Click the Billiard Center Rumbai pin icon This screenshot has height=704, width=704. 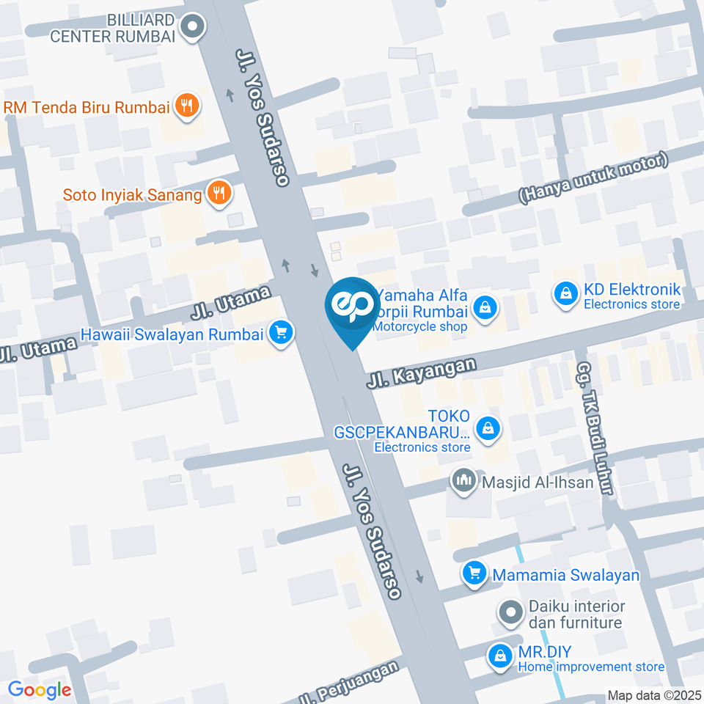pyautogui.click(x=194, y=28)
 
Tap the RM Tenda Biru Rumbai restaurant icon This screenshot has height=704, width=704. pyautogui.click(x=187, y=106)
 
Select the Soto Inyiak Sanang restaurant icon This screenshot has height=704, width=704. pyautogui.click(x=219, y=194)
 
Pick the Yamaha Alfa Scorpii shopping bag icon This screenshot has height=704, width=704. pyautogui.click(x=485, y=309)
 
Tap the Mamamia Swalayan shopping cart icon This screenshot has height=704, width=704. pyautogui.click(x=474, y=574)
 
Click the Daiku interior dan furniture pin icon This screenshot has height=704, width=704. pyautogui.click(x=507, y=610)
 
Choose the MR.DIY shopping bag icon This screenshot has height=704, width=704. pyautogui.click(x=500, y=655)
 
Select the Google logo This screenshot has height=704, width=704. pyautogui.click(x=40, y=690)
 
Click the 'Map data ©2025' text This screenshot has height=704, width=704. pyautogui.click(x=654, y=695)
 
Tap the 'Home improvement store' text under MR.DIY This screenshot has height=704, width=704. pyautogui.click(x=591, y=667)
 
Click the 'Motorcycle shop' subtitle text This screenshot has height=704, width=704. pyautogui.click(x=420, y=326)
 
